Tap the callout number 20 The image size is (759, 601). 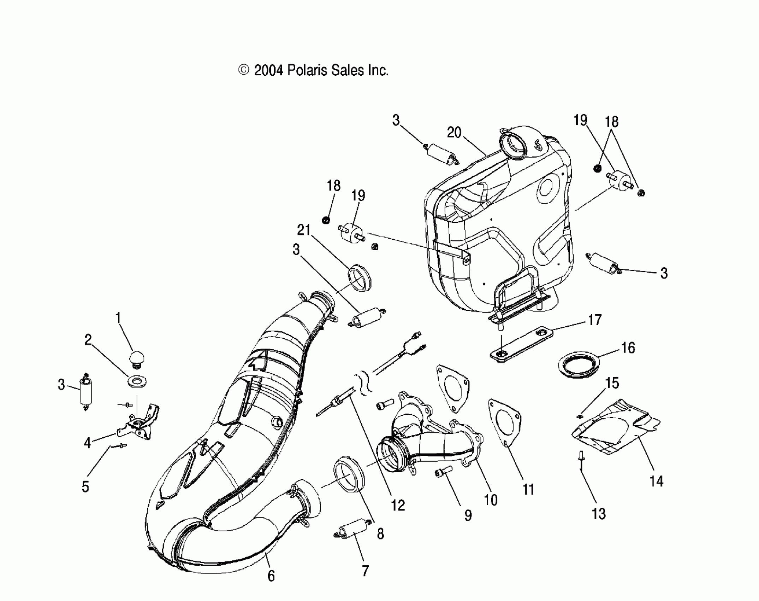click(454, 133)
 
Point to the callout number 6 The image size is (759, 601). click(271, 576)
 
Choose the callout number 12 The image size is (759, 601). click(398, 506)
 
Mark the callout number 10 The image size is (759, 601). click(491, 500)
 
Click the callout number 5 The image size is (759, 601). click(85, 486)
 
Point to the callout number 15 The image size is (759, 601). click(612, 383)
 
